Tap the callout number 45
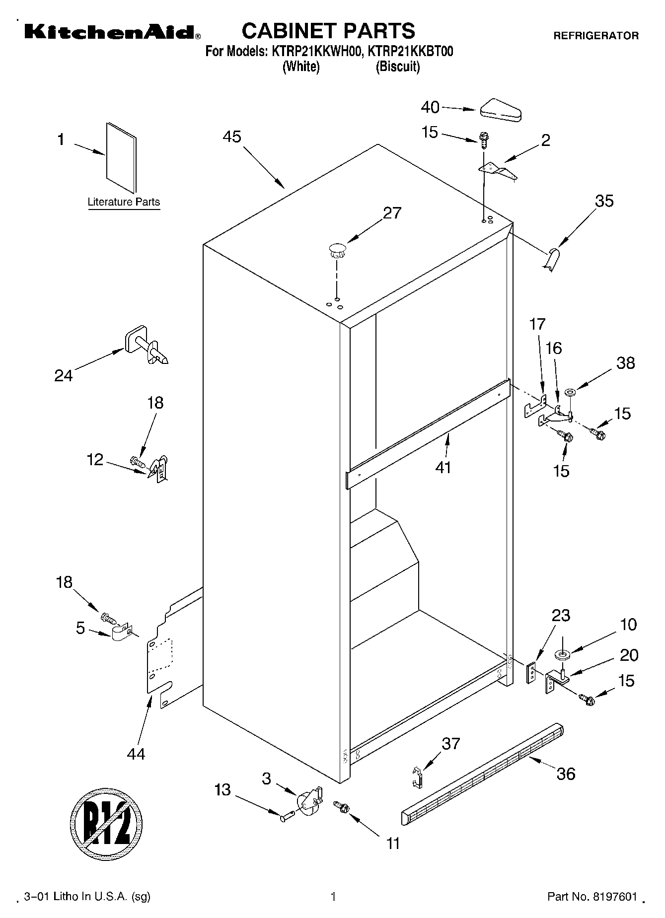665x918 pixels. pyautogui.click(x=231, y=137)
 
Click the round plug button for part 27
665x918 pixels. pyautogui.click(x=336, y=249)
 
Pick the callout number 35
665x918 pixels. pyautogui.click(x=604, y=201)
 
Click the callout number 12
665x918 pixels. pyautogui.click(x=95, y=460)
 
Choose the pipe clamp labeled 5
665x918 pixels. pyautogui.click(x=120, y=633)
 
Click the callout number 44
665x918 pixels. pyautogui.click(x=136, y=754)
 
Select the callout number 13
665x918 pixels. pyautogui.click(x=222, y=789)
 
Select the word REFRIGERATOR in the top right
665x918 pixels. pyautogui.click(x=595, y=36)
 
